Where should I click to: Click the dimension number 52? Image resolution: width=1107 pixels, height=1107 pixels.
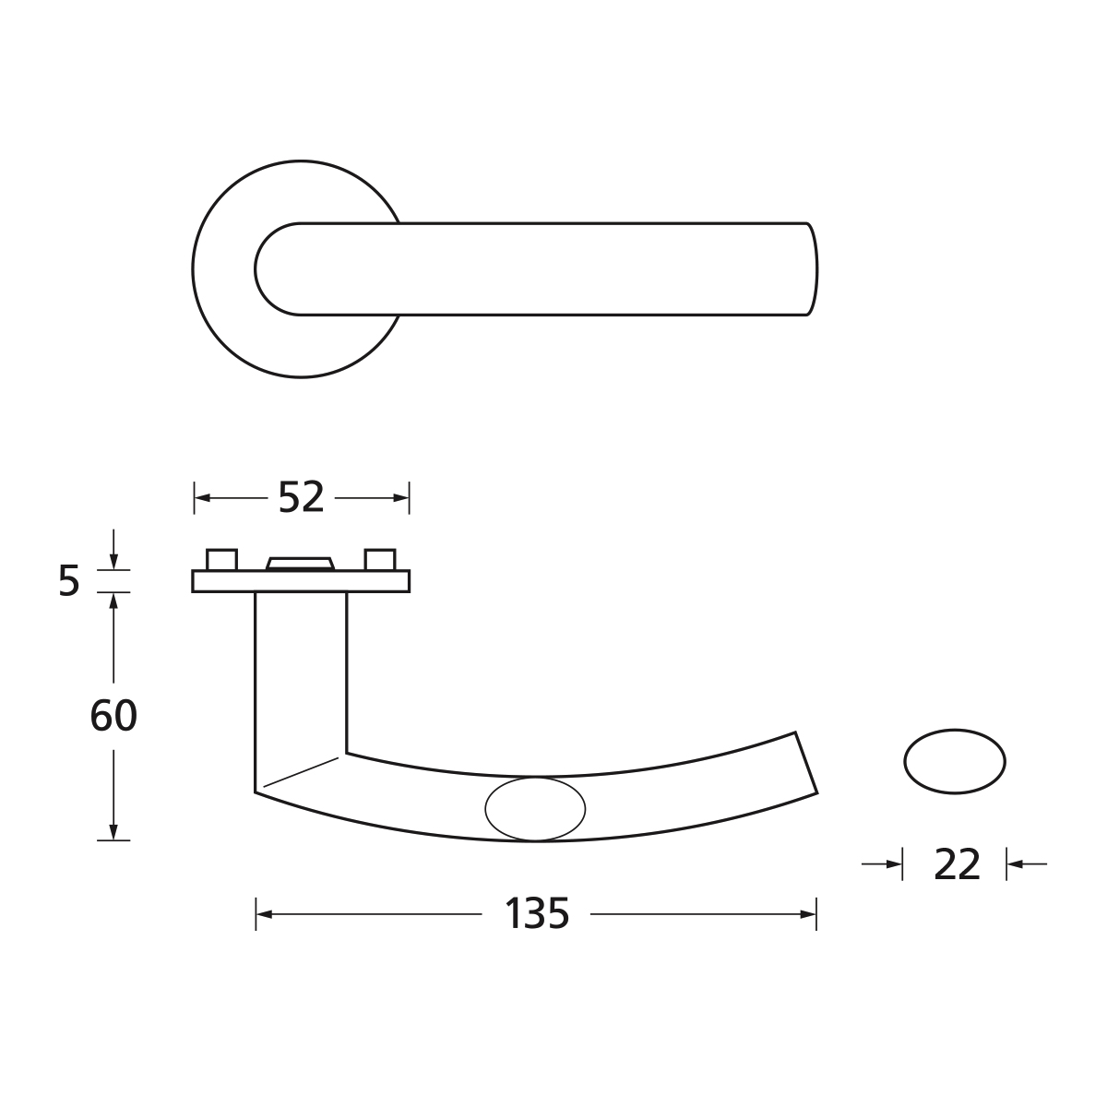coord(302,498)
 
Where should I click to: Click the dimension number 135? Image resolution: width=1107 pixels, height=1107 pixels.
coord(537,914)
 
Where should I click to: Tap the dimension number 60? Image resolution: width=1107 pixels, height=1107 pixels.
coord(113,716)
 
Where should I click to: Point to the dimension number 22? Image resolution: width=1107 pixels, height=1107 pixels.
coord(956,864)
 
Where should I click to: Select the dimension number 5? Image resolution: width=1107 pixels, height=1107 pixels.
coord(69,582)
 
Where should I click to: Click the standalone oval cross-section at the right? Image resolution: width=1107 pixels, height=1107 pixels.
coord(955,762)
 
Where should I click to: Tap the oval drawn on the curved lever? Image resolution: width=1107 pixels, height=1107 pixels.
coord(535,809)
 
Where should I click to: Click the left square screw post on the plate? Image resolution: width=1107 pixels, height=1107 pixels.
coord(221,560)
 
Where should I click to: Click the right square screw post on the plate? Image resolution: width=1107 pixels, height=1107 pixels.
coord(380,560)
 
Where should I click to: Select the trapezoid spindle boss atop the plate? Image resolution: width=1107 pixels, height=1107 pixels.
coord(300,564)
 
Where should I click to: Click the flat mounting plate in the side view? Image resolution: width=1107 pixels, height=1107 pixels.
coord(301,581)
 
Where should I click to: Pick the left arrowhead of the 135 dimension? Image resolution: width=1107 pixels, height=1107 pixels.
coord(264,914)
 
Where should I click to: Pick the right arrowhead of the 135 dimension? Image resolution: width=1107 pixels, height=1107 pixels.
coord(808,914)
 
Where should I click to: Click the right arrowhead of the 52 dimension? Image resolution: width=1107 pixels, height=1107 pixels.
coord(401,498)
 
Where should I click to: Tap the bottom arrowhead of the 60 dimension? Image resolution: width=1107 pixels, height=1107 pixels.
coord(113,832)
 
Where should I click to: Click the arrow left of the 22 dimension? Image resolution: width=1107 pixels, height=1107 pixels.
coord(893,864)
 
